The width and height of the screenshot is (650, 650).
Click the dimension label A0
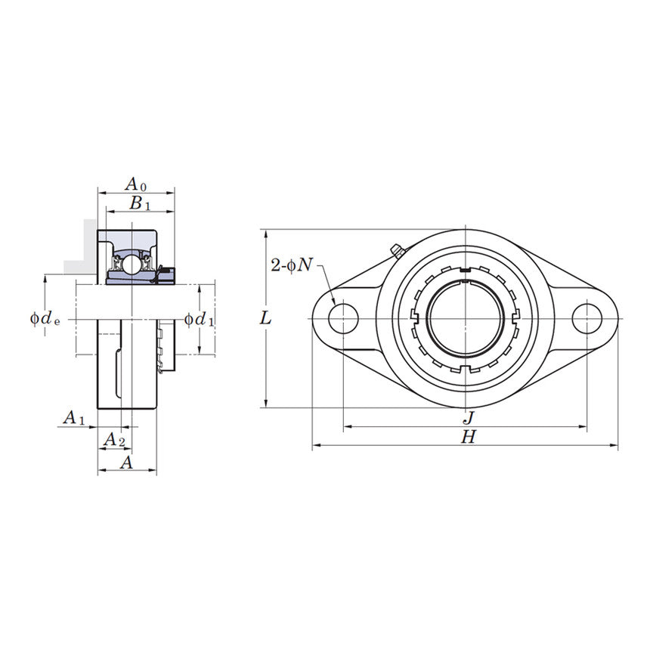pyautogui.click(x=135, y=184)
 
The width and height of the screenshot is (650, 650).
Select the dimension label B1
pyautogui.click(x=139, y=203)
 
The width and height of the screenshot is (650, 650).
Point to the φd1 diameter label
pyautogui.click(x=200, y=319)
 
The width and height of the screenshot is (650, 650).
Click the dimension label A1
pyautogui.click(x=73, y=417)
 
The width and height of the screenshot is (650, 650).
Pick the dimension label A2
pyautogui.click(x=113, y=439)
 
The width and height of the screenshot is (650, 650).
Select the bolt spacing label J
pyautogui.click(x=468, y=417)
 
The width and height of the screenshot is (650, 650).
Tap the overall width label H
pyautogui.click(x=469, y=437)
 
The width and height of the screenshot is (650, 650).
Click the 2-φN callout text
pyautogui.click(x=291, y=265)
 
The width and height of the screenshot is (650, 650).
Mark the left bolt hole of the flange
pyautogui.click(x=343, y=318)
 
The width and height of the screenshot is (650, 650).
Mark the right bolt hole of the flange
pyautogui.click(x=587, y=318)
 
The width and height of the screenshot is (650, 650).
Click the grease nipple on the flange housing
pyautogui.click(x=395, y=250)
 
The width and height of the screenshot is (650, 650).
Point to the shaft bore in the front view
pyautogui.click(x=465, y=318)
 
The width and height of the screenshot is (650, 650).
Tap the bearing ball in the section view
pyautogui.click(x=132, y=265)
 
